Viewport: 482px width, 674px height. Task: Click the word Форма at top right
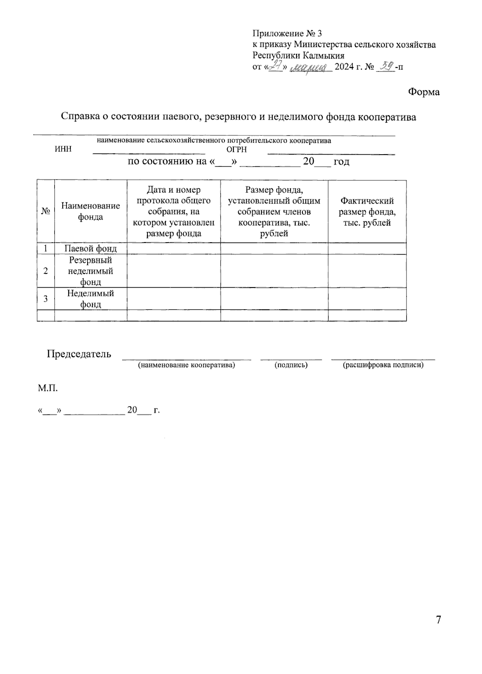(x=424, y=92)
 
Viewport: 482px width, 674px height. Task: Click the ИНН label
(x=63, y=149)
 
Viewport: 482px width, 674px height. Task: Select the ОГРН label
(x=237, y=149)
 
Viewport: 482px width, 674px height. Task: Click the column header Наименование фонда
(x=90, y=211)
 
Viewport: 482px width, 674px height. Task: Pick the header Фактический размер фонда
(x=367, y=212)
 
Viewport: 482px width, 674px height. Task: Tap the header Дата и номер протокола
(x=174, y=211)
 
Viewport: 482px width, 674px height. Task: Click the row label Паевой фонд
(x=90, y=249)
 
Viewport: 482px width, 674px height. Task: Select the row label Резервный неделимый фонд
(x=90, y=271)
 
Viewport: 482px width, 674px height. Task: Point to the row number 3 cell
(x=46, y=298)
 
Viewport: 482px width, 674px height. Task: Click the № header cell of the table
(x=46, y=211)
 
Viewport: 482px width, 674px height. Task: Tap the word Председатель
(x=79, y=354)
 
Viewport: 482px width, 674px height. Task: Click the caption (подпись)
(x=291, y=365)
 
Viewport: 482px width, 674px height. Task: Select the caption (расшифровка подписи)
(x=383, y=365)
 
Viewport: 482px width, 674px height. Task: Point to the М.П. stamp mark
(x=48, y=388)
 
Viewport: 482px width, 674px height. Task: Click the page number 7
(x=438, y=620)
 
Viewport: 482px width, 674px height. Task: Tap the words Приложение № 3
(x=287, y=33)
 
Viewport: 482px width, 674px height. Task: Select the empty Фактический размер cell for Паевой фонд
(x=367, y=249)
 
